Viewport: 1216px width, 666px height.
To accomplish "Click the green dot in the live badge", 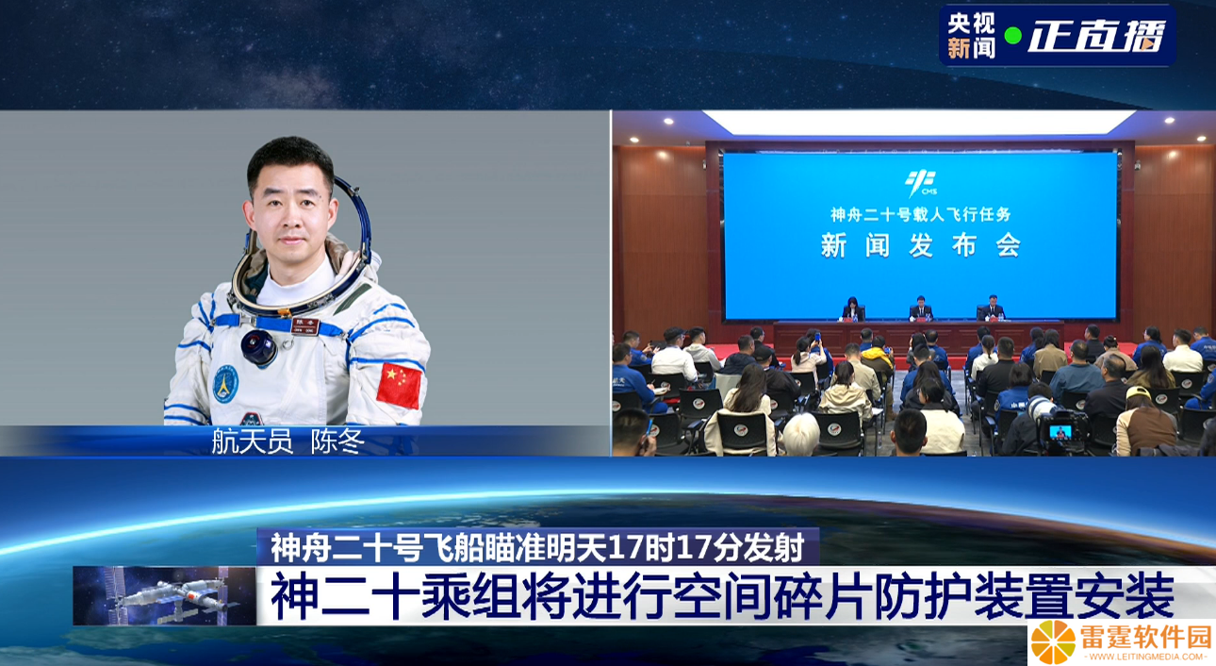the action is [x=1012, y=37].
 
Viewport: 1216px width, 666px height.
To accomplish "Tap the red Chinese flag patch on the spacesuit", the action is [x=399, y=385].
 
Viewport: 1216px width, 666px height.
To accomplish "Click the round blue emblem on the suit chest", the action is [x=225, y=384].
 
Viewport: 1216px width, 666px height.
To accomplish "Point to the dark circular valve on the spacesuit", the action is [x=258, y=346].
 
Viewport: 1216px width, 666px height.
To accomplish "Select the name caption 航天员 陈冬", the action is [x=288, y=441].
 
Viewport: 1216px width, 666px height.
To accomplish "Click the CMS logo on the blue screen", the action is [x=921, y=183].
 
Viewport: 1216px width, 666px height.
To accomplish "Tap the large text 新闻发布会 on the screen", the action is [x=921, y=245].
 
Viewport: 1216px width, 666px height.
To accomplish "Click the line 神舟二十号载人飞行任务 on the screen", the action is [x=921, y=214].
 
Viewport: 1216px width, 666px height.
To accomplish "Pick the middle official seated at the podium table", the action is [x=921, y=308].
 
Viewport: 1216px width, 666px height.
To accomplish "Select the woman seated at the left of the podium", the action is [x=853, y=308].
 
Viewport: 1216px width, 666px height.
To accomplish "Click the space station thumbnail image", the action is [x=164, y=596].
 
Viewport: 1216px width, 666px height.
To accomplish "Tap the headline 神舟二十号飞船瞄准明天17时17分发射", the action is [x=537, y=547].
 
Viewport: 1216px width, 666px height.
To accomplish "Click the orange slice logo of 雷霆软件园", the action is [x=1053, y=642].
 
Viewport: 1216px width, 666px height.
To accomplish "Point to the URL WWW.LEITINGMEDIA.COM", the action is [x=1145, y=658].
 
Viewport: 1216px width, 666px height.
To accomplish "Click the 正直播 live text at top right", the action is [x=1096, y=37].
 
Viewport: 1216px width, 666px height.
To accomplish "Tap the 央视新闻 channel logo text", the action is [x=971, y=36].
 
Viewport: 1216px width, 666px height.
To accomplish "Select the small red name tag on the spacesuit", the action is [x=305, y=325].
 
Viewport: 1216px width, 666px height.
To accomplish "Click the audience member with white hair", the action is [x=800, y=436].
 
